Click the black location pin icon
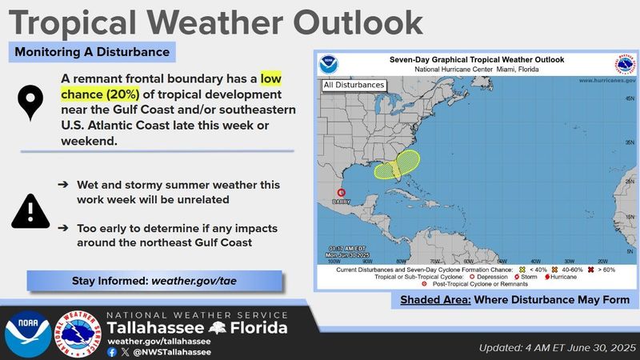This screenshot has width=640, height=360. [x=31, y=103]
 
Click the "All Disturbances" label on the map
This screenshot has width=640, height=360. [x=354, y=85]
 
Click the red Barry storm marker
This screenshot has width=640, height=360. [x=342, y=192]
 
